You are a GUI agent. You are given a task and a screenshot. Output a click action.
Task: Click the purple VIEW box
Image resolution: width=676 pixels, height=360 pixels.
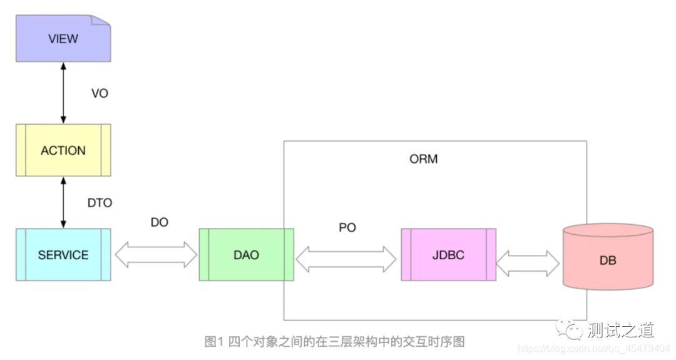pos(63,39)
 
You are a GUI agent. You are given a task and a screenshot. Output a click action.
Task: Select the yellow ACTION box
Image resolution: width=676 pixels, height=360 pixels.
pos(63,150)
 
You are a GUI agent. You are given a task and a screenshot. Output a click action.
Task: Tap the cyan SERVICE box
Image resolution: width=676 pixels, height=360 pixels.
pos(63,255)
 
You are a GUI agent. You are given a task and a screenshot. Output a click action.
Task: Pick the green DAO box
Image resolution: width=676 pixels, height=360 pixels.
pos(246,255)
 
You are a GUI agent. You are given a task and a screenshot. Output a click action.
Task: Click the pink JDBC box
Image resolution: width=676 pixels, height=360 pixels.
pos(448,255)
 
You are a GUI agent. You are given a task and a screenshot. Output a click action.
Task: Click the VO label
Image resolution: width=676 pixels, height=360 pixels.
pos(100,93)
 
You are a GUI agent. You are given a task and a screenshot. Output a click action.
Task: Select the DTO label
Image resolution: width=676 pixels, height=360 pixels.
pos(100,203)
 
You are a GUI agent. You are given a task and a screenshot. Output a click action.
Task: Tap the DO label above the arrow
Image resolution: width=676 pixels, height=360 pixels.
pos(160,222)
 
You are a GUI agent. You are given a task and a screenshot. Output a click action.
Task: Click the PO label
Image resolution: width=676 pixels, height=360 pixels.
pos(347,228)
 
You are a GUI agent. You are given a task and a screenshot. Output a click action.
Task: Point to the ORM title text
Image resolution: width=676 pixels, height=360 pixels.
pos(424,159)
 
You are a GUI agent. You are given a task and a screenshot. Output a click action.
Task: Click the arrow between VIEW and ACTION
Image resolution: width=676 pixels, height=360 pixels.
pos(63,93)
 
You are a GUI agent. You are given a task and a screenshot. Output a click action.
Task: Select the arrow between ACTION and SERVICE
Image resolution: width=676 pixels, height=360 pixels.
pos(63,202)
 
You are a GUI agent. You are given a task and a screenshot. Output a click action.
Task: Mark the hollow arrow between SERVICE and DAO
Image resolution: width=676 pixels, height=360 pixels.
pos(155,255)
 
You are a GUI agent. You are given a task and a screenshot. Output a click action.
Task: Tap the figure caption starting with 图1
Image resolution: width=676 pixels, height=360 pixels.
pos(335,341)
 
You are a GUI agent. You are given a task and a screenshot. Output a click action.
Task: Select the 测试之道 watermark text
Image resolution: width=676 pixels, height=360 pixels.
pos(620,329)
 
